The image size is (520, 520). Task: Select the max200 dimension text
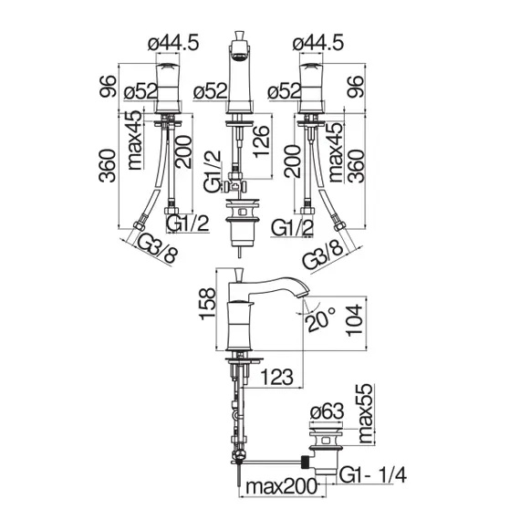tap(284, 490)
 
